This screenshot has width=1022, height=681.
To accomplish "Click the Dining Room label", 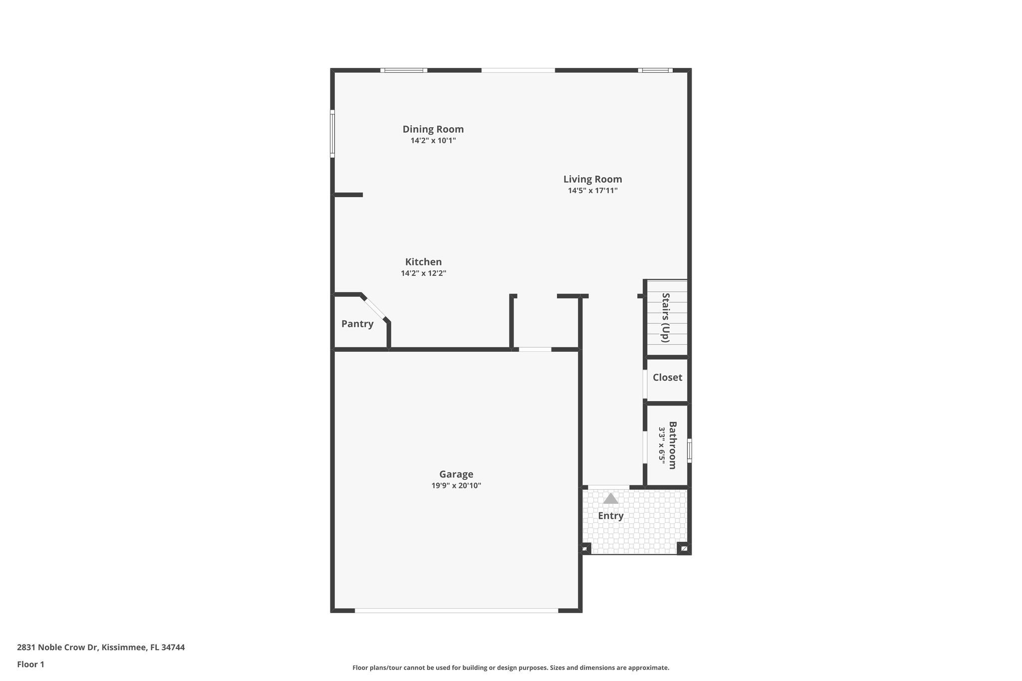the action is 433,129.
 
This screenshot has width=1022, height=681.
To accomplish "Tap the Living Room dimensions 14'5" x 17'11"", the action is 593,191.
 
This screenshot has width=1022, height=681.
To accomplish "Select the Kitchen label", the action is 423,262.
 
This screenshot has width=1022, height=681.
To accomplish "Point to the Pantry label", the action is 357,324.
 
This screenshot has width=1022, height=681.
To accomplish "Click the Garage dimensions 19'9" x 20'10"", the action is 456,486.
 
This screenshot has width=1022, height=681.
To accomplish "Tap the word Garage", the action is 456,474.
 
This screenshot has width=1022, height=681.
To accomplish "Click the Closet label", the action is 667,378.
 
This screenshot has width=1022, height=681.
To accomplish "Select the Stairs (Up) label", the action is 665,318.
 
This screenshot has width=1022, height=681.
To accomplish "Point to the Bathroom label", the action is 672,446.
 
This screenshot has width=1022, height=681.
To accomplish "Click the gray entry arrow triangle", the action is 611,498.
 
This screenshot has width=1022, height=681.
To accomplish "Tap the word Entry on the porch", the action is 611,516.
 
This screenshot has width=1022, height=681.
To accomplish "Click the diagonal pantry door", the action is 375,308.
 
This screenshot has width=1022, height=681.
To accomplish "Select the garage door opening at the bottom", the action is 456,611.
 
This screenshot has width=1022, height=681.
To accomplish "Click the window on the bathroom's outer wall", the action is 690,451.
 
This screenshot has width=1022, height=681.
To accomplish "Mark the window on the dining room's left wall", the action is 332,134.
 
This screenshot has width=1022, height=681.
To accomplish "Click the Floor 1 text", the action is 30,665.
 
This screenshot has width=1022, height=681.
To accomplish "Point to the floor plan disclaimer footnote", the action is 511,668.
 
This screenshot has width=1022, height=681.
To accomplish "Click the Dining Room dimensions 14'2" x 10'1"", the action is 433,141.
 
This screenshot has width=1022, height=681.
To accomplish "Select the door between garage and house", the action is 535,349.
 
